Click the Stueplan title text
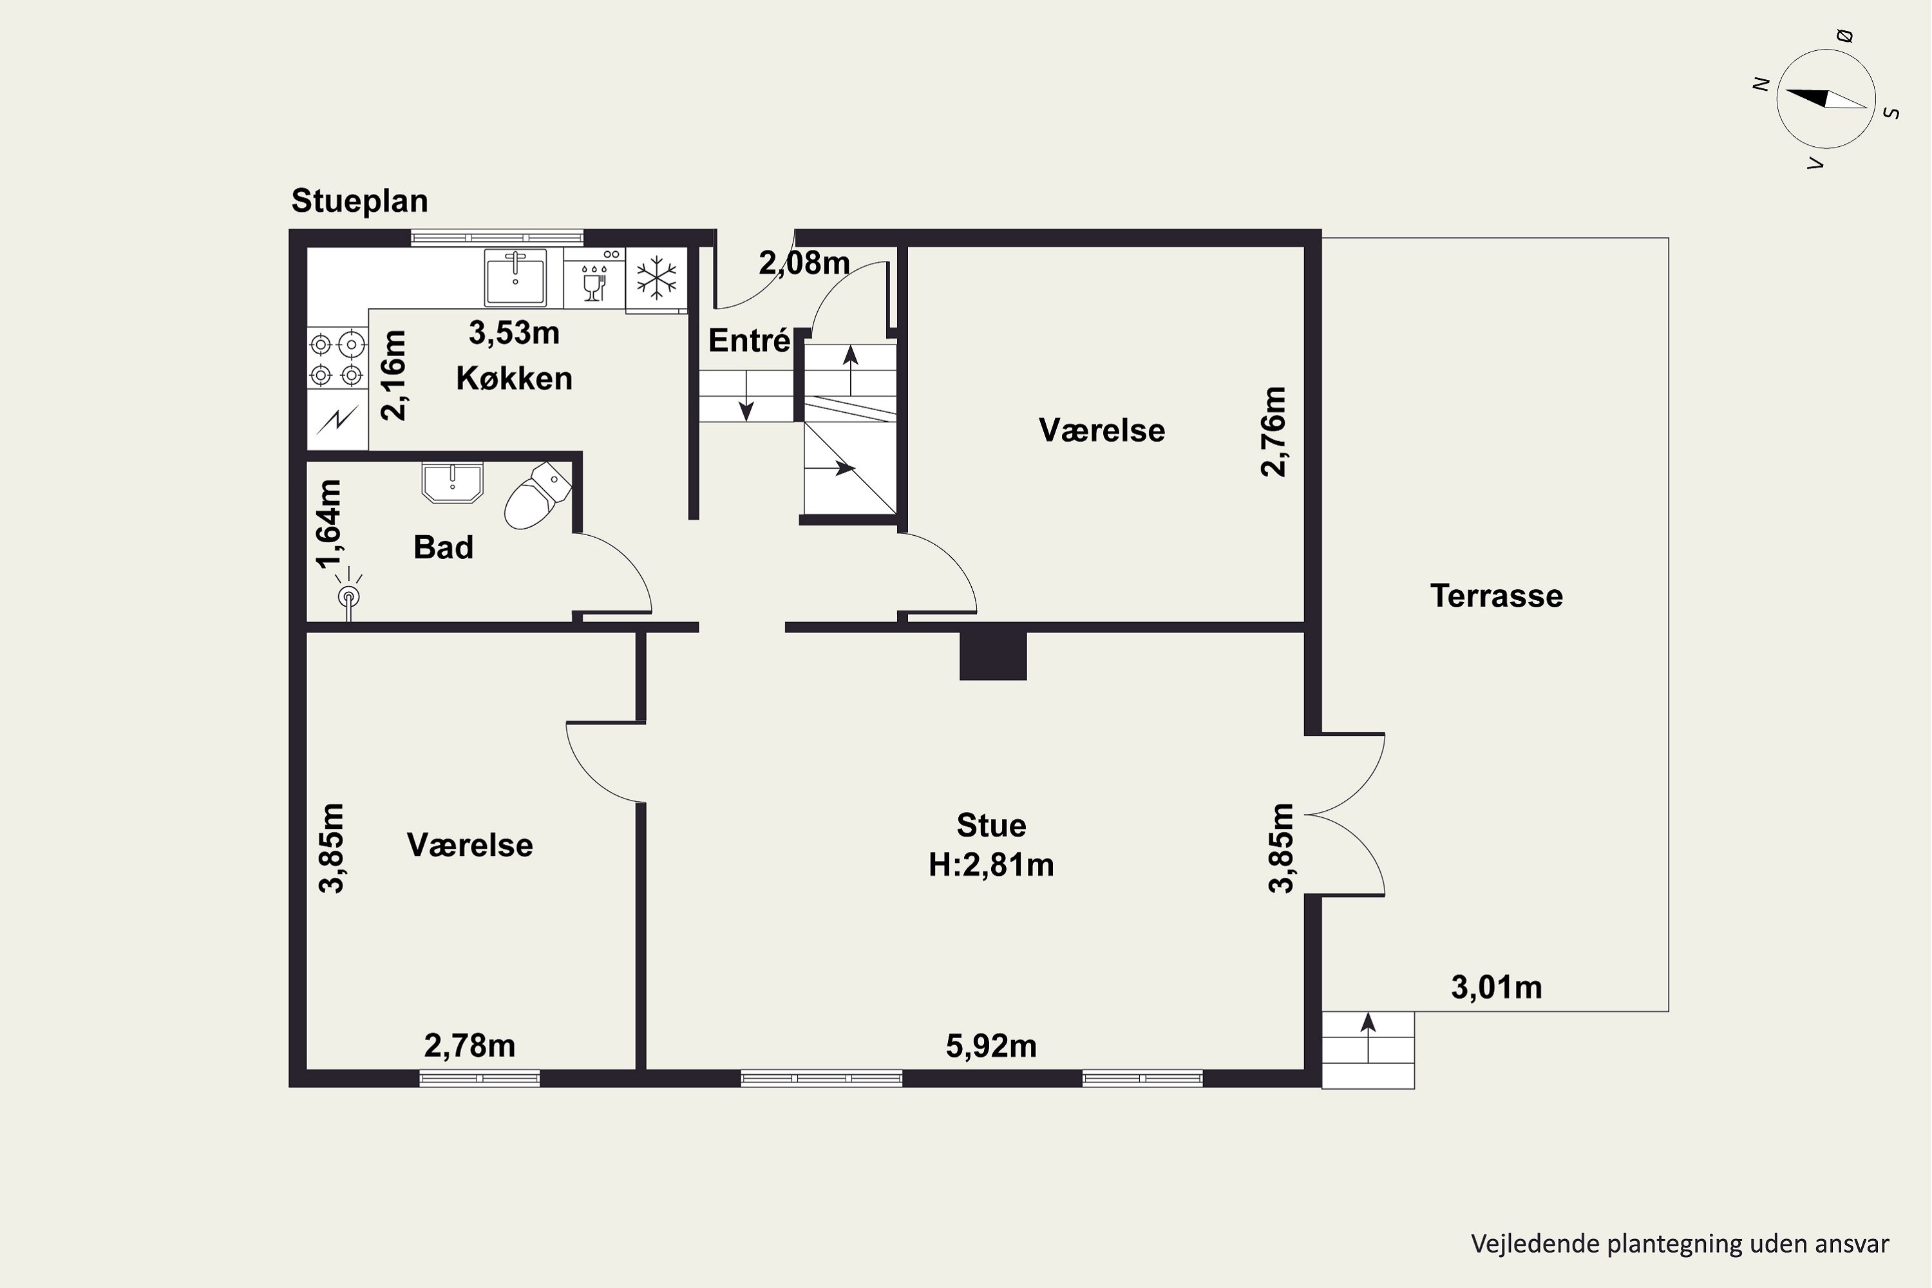point(360,201)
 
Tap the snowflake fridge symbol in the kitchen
point(656,278)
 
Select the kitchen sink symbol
point(515,277)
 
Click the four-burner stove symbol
point(337,359)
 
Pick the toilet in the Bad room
point(537,495)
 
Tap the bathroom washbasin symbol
point(452,482)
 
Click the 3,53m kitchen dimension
point(514,333)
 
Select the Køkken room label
point(514,379)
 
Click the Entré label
point(749,341)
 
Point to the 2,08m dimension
point(804,263)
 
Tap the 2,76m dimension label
point(1273,431)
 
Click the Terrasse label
point(1496,596)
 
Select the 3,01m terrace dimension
point(1497,987)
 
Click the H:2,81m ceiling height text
point(992,865)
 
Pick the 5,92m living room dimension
point(992,1046)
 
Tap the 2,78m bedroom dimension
point(470,1046)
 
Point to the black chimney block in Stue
point(993,656)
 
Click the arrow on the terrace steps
point(1368,1037)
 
